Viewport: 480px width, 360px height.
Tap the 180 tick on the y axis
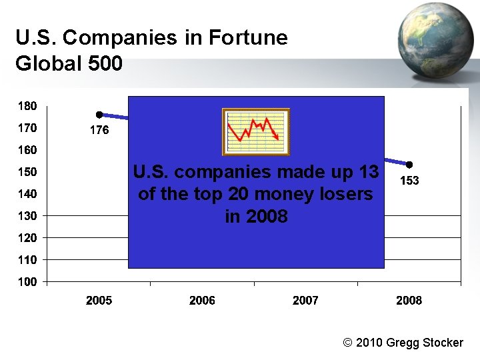pyautogui.click(x=27, y=106)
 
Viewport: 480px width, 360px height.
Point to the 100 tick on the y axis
pyautogui.click(x=27, y=282)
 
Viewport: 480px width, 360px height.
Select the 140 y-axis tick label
pyautogui.click(x=27, y=194)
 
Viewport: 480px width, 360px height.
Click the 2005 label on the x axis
pyautogui.click(x=99, y=301)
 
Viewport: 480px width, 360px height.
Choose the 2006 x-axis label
pyautogui.click(x=202, y=301)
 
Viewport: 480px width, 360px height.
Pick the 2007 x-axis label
pyautogui.click(x=305, y=301)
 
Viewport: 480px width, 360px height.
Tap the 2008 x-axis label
pyautogui.click(x=409, y=301)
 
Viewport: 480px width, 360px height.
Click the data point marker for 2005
pyautogui.click(x=99, y=115)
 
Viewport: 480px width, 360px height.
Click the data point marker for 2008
pyautogui.click(x=409, y=165)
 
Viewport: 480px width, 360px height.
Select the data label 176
pyautogui.click(x=99, y=131)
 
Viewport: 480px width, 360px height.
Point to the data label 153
pyautogui.click(x=409, y=181)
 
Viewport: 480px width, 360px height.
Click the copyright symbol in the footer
pyautogui.click(x=347, y=343)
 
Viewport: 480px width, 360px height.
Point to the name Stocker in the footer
pyautogui.click(x=441, y=343)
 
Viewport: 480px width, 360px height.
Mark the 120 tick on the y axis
pyautogui.click(x=27, y=238)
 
